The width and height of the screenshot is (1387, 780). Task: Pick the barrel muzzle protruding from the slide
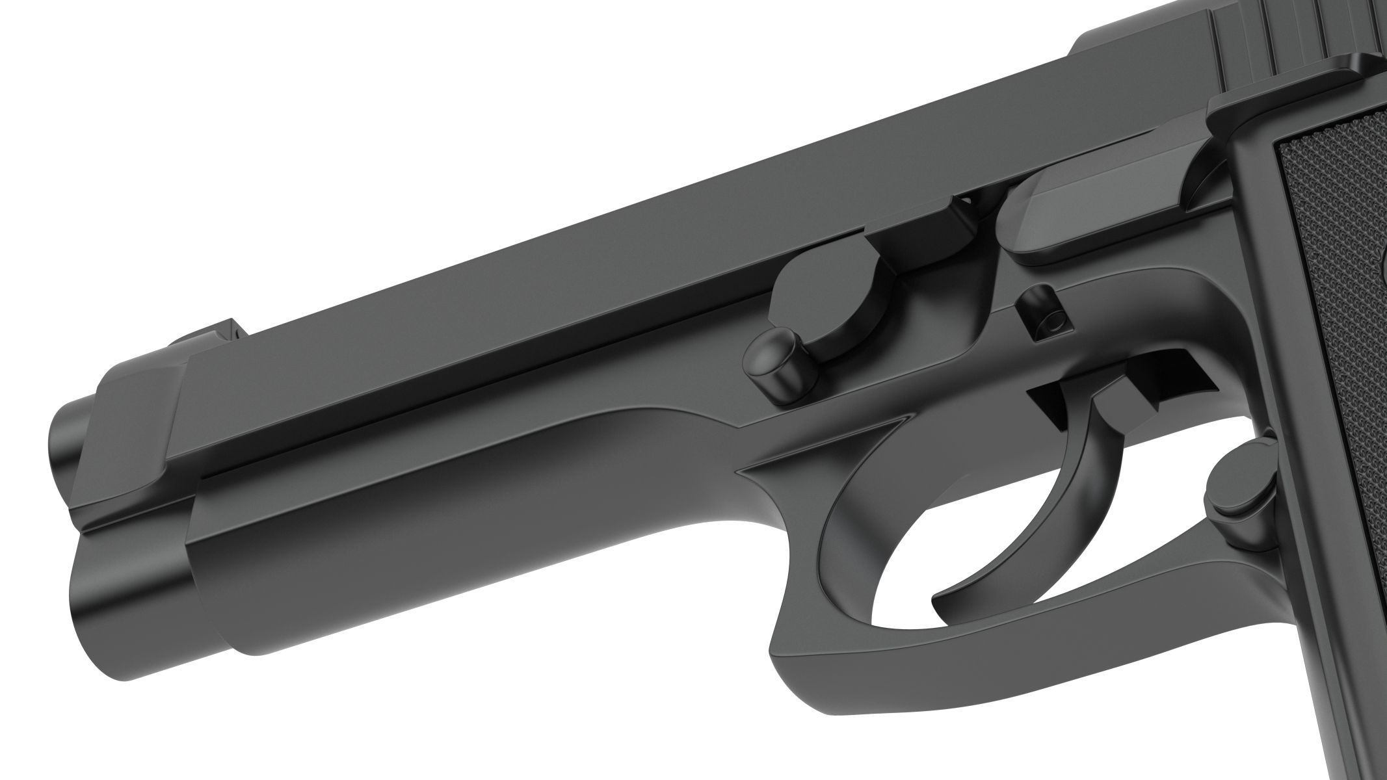65,442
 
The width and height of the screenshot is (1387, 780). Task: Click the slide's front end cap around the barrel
140,435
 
